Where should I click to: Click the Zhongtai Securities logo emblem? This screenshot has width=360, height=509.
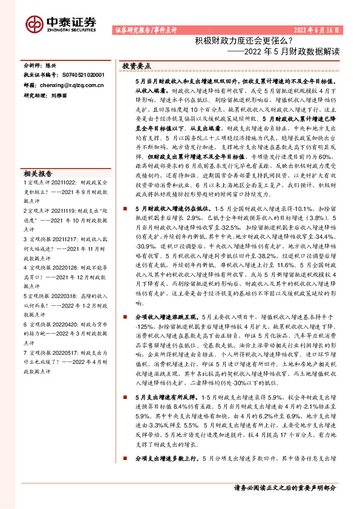click(x=34, y=23)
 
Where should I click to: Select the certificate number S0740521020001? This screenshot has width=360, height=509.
click(x=83, y=75)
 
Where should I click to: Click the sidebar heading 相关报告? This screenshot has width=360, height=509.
click(x=38, y=172)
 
